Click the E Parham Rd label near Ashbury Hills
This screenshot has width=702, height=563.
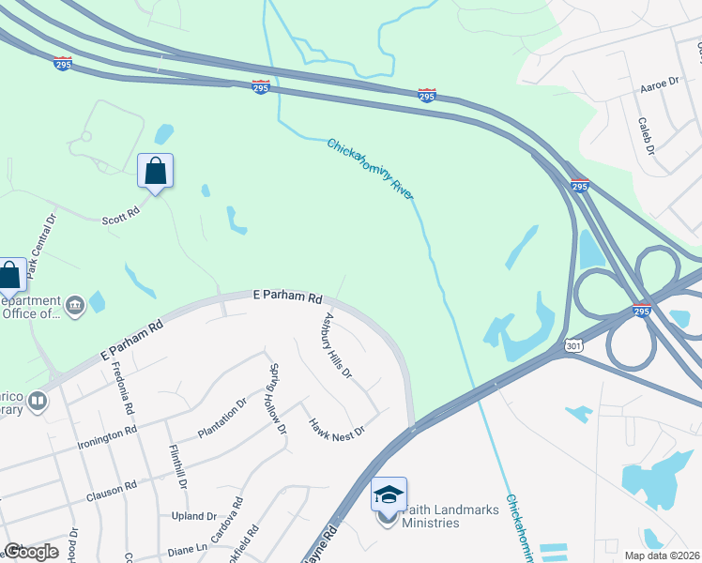pos(288,296)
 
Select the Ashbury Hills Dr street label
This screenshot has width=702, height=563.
pos(337,345)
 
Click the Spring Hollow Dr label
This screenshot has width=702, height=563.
pos(277,399)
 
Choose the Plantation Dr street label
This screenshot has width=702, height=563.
pos(221,418)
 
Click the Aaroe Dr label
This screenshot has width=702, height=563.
pos(659,84)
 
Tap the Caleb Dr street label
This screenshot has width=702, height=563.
pos(645,135)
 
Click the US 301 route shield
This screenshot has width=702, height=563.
pos(573,346)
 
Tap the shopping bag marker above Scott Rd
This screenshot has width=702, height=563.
pos(156,171)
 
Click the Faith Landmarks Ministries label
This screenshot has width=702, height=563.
pos(431,516)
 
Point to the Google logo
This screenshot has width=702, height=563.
pos(31,552)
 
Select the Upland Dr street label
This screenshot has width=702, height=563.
pos(194,516)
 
